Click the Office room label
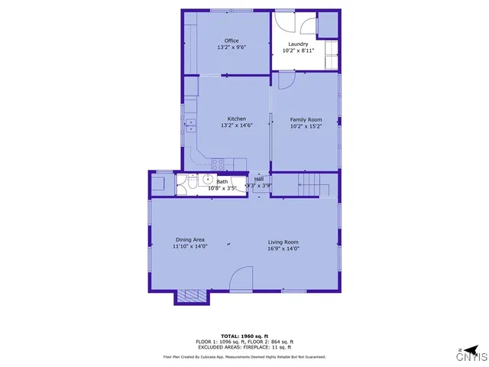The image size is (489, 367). point(231,41)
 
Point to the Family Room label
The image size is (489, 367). point(306,119)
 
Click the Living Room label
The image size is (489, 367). point(283,241)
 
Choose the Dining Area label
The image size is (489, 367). point(189,240)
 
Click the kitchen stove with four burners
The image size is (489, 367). point(217,162)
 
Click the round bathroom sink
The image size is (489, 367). point(206,179)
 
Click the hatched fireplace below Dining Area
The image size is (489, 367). point(192,296)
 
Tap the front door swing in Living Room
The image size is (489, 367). point(242,278)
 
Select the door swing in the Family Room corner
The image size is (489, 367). point(286,80)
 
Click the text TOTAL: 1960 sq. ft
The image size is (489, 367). point(244,336)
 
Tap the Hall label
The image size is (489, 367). point(259,178)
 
